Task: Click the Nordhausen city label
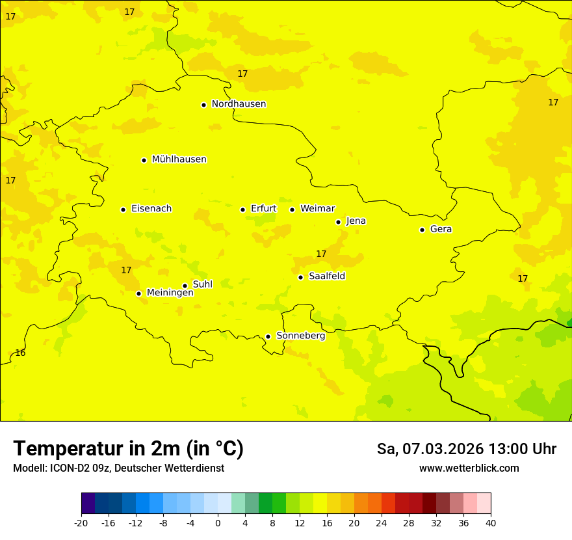239,104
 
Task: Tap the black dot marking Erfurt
242,209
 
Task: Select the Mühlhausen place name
179,159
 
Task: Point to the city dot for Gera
422,230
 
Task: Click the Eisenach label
151,209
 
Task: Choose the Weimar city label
317,209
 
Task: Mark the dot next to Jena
338,222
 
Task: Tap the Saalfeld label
326,277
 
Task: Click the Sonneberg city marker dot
268,336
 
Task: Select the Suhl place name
202,284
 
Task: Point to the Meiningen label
170,293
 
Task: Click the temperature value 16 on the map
20,353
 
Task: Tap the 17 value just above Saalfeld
321,254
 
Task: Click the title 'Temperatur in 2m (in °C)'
128,448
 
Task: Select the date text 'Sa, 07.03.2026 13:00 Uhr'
466,449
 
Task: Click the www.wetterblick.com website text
469,468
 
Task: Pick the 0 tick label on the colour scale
218,523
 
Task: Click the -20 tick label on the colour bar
81,523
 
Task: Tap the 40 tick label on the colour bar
490,523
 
